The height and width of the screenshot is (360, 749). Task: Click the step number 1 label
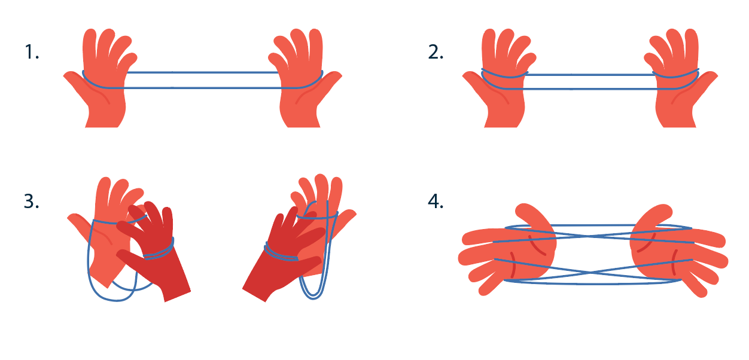(x=32, y=52)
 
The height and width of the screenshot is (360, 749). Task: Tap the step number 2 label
(x=436, y=52)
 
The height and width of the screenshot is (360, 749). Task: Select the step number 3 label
(x=32, y=202)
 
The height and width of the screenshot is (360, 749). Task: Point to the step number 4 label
(x=436, y=202)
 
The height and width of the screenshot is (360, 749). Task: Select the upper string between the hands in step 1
(x=202, y=72)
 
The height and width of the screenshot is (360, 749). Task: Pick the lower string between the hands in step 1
(x=202, y=88)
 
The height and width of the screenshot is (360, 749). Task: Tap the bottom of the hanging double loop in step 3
(x=313, y=297)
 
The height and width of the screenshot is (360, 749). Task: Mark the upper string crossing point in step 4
(x=591, y=236)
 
